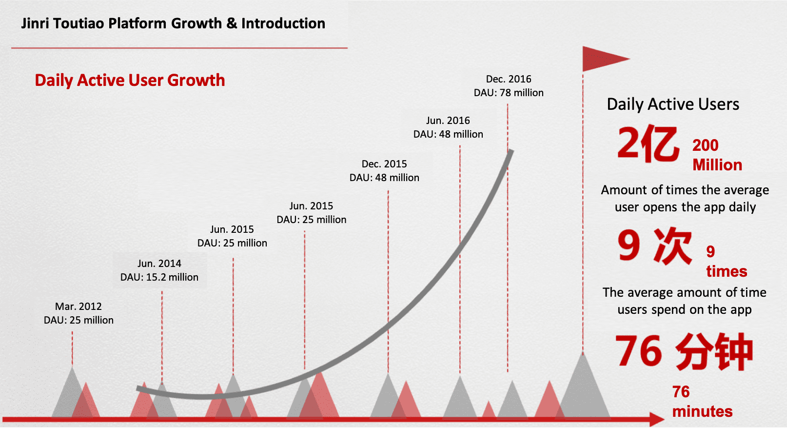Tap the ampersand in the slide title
pyautogui.click(x=232, y=23)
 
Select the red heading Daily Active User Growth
pyautogui.click(x=130, y=81)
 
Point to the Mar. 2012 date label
pyautogui.click(x=79, y=306)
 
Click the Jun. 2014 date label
pyautogui.click(x=159, y=264)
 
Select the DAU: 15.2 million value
pyautogui.click(x=159, y=277)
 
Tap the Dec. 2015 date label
pyautogui.click(x=384, y=164)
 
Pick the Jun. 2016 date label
pyautogui.click(x=448, y=121)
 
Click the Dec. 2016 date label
pyautogui.click(x=509, y=79)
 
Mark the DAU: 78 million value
pyautogui.click(x=509, y=93)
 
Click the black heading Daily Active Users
pyautogui.click(x=673, y=104)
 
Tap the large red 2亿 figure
pyautogui.click(x=648, y=144)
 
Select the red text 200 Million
pyautogui.click(x=717, y=155)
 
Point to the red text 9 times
pyautogui.click(x=727, y=261)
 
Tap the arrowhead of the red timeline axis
pyautogui.click(x=656, y=419)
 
